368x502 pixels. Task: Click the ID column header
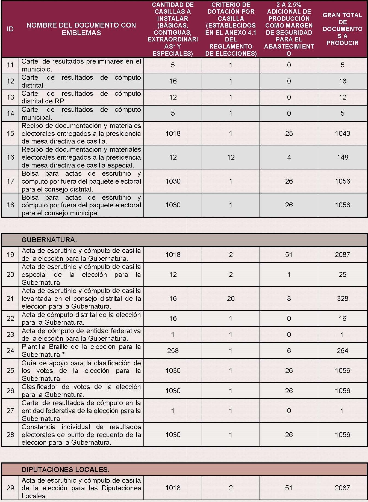point(10,29)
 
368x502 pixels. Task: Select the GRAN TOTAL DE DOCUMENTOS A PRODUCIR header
point(342,29)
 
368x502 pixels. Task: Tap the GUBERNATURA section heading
point(49,240)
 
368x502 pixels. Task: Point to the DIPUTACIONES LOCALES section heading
point(65,470)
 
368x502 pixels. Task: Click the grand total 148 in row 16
point(342,157)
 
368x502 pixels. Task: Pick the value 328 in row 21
point(342,298)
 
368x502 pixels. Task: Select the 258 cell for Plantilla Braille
point(173,351)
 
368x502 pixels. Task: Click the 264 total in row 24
point(342,351)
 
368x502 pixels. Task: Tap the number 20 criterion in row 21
point(231,298)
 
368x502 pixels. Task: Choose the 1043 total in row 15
point(342,133)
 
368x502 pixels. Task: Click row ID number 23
point(10,334)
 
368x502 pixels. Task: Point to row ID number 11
point(10,65)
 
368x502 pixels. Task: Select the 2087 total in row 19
point(342,255)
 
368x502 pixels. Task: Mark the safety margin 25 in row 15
point(289,133)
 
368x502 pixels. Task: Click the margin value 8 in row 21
point(289,298)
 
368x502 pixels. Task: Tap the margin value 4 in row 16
point(289,157)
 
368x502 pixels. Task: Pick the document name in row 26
point(81,391)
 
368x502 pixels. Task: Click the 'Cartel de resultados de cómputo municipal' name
point(81,113)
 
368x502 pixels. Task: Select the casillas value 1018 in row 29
point(173,488)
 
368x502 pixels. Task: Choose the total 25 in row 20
point(342,274)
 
